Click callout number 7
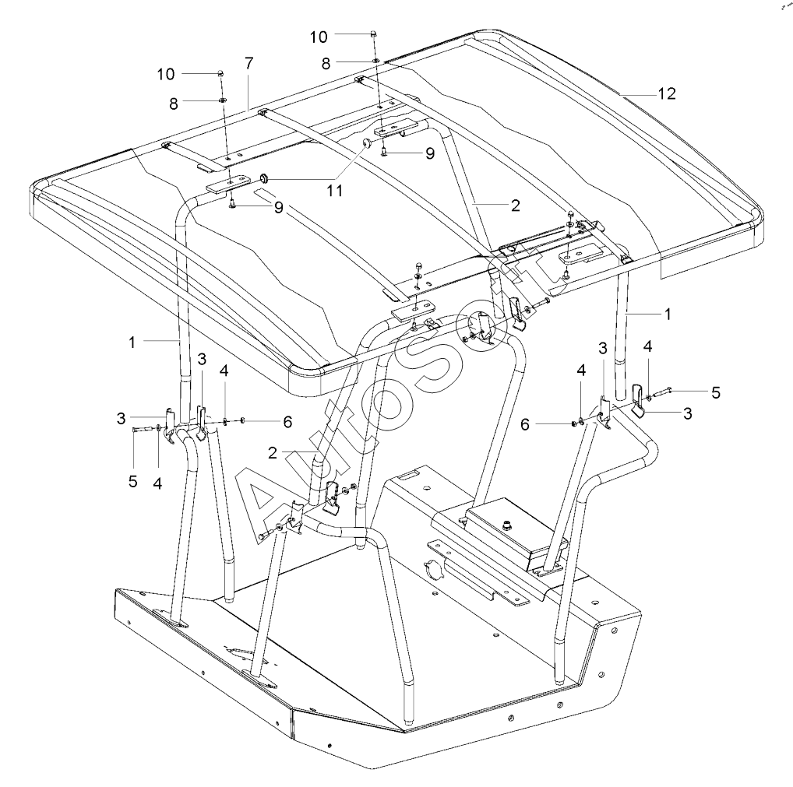248,63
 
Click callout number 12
666,93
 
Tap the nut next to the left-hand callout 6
244,421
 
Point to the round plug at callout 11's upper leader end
364,143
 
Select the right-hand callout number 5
715,392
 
